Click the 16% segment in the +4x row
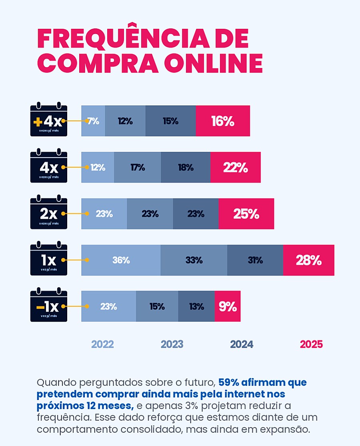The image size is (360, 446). coord(223,121)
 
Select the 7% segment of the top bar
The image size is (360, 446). coord(93,121)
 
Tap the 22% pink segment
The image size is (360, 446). coord(235,168)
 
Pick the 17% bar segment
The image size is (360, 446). coord(138,168)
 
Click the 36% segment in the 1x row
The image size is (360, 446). coord(121,260)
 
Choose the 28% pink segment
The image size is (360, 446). coord(308,260)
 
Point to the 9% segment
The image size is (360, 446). coord(228,307)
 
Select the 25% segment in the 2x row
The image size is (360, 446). coord(246,214)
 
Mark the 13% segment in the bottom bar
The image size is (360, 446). coord(196,307)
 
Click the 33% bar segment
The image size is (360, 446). coord(194,260)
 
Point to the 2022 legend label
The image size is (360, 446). coord(102,344)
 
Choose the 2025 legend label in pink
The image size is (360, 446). coord(311,344)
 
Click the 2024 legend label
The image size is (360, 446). coord(242,344)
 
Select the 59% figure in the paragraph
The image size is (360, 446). coord(227,382)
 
